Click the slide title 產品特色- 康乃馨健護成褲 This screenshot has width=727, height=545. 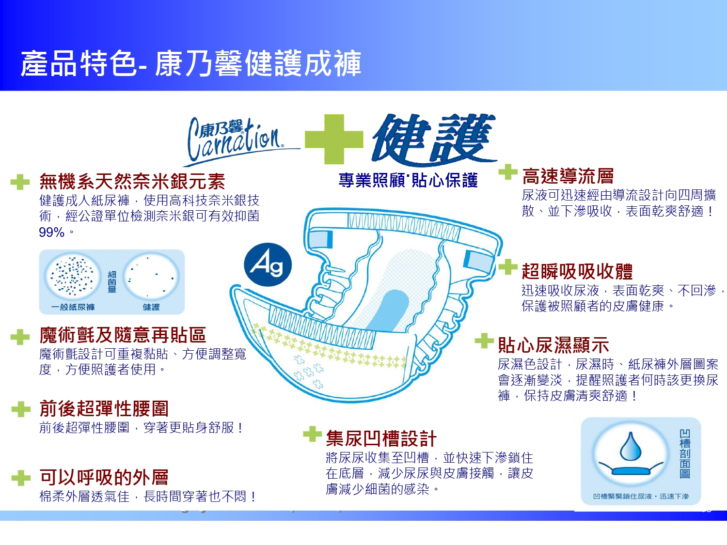click(191, 63)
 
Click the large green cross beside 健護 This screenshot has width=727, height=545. click(334, 140)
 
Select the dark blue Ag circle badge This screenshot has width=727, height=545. click(268, 265)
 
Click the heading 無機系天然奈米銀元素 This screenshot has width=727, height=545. click(132, 181)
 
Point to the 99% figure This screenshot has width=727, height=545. click(52, 233)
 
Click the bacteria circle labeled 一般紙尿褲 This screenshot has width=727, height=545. click(73, 277)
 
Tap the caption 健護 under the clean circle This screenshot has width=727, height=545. click(151, 308)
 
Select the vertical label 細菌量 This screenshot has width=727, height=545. click(112, 281)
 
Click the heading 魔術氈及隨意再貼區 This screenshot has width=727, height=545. click(123, 335)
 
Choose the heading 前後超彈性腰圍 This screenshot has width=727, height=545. click(104, 408)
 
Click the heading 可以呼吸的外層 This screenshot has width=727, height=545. click(104, 477)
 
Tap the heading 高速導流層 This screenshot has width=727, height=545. click(568, 176)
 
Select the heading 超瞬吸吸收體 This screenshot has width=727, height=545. click(577, 271)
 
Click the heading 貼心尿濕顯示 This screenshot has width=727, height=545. click(553, 345)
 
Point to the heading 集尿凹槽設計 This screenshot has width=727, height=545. click(381, 438)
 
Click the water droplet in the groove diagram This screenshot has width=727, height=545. click(631, 446)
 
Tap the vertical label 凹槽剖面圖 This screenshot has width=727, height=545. click(685, 453)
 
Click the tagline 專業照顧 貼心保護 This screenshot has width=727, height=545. click(408, 180)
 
